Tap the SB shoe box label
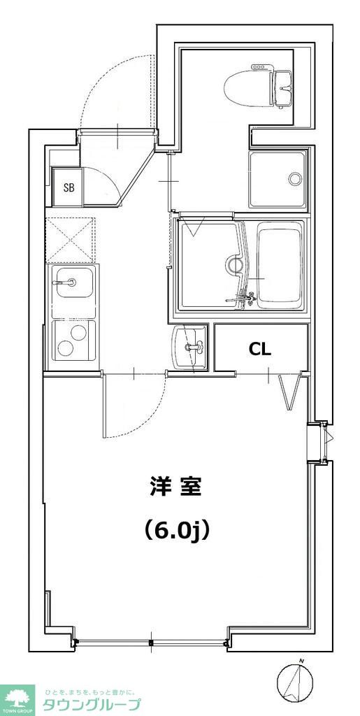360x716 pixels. pyautogui.click(x=69, y=187)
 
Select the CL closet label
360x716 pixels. pyautogui.click(x=260, y=349)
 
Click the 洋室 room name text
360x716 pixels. pyautogui.click(x=175, y=487)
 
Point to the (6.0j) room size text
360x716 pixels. pyautogui.click(x=175, y=531)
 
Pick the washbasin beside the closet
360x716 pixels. pyautogui.click(x=189, y=345)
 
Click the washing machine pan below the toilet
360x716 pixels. pyautogui.click(x=278, y=179)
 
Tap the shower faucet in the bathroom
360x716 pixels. pyautogui.click(x=242, y=299)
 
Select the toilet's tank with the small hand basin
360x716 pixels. pyautogui.click(x=281, y=87)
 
